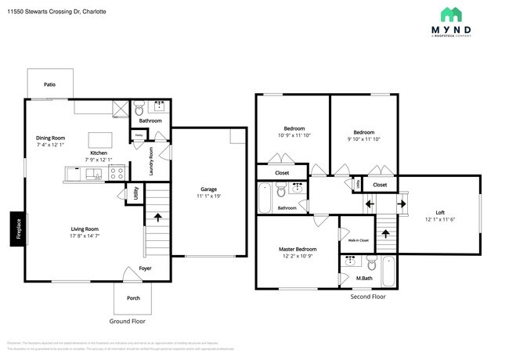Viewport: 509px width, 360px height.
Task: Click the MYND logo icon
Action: (450, 14)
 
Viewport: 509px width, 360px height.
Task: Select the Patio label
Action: (49, 84)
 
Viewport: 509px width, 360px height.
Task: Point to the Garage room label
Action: (208, 189)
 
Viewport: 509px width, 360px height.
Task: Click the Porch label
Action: (134, 297)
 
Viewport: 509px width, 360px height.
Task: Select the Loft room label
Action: (439, 212)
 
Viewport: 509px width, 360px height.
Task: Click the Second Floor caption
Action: (367, 297)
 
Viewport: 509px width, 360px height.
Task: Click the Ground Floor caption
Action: (127, 321)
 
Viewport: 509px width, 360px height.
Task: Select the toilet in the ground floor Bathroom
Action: (139, 107)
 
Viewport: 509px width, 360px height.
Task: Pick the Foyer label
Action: (146, 268)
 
